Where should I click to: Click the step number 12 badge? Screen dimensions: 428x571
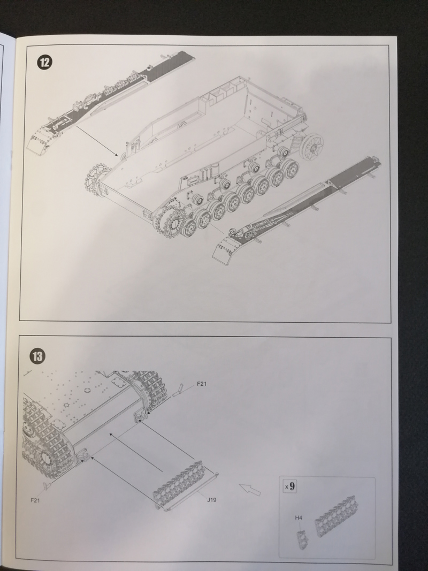(44, 62)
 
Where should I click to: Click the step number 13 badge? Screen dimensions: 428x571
(37, 356)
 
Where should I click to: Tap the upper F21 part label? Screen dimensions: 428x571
(202, 384)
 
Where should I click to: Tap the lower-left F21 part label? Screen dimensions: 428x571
(35, 500)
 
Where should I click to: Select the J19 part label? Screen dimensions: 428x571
(211, 500)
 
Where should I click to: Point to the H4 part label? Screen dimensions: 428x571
(299, 517)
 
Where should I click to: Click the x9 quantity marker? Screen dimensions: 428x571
(289, 486)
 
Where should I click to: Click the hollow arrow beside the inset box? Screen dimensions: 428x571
(250, 489)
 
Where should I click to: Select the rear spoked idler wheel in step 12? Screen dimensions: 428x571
(312, 146)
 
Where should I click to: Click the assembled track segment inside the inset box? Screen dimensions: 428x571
(337, 516)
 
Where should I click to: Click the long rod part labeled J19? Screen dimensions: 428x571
(191, 491)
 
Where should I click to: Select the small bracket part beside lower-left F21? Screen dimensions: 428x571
(47, 485)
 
